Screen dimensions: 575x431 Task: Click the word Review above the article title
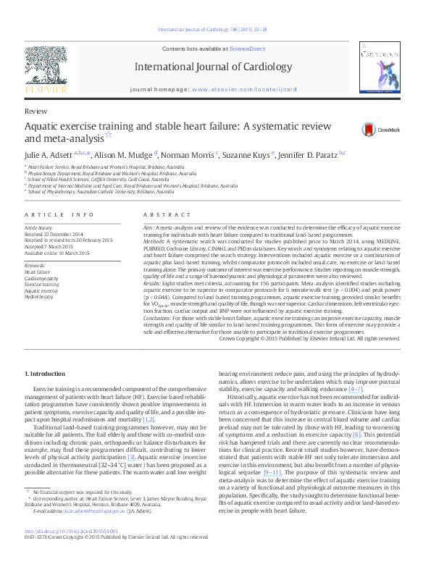35,112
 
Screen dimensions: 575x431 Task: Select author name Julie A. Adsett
51,154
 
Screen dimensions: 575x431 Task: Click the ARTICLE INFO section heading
59,215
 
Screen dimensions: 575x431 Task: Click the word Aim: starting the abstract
149,227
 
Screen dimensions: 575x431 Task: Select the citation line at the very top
215,29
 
